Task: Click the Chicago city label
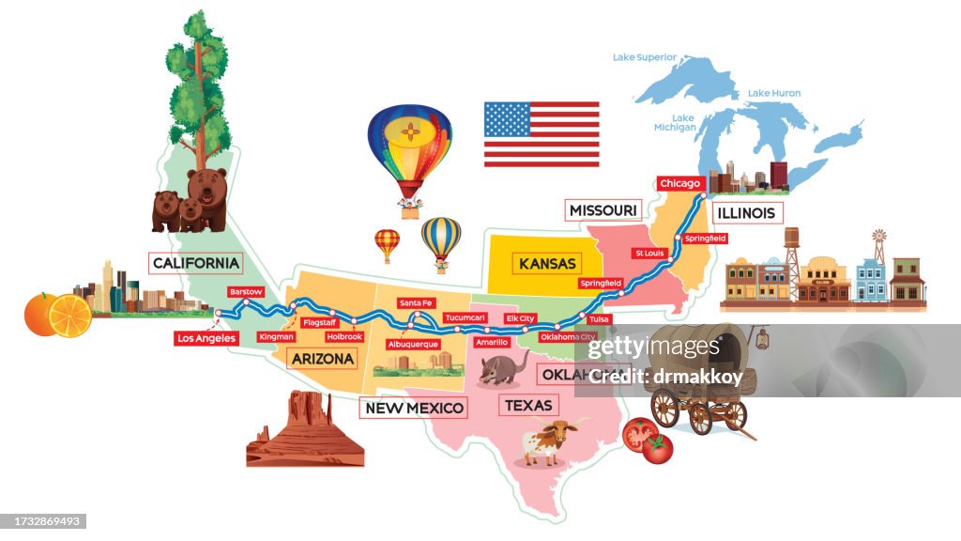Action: point(679,183)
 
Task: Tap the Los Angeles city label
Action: point(206,338)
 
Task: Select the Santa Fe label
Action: point(416,302)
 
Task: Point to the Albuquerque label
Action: point(413,344)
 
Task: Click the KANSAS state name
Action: point(547,264)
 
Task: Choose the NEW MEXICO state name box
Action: point(414,408)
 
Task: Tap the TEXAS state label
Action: point(528,406)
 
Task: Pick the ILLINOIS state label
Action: point(746,213)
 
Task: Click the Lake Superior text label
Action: point(645,57)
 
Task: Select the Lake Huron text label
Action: point(774,93)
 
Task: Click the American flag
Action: point(542,134)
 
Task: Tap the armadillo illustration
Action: point(503,368)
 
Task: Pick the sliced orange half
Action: point(71,317)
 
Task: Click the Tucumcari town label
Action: point(465,317)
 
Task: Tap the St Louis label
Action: point(649,253)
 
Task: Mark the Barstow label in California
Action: point(246,292)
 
